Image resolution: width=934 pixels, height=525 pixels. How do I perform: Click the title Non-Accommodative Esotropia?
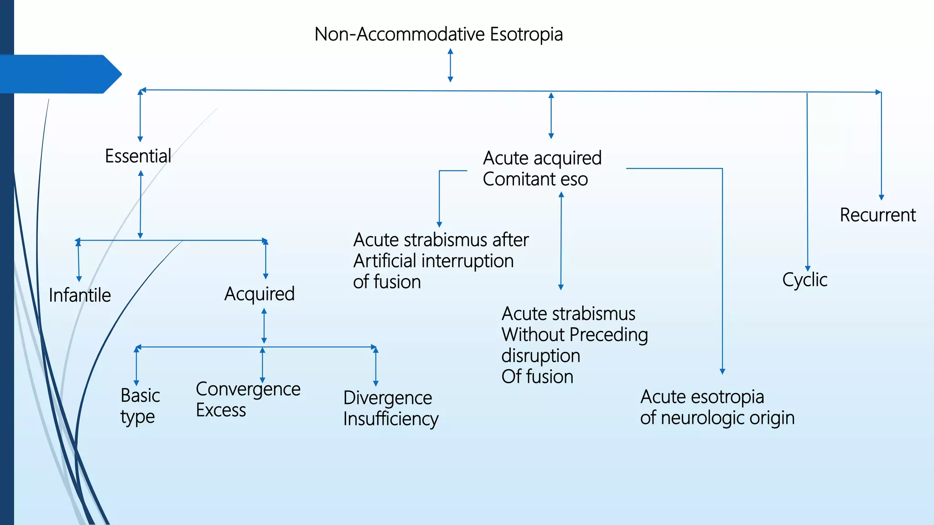pyautogui.click(x=438, y=35)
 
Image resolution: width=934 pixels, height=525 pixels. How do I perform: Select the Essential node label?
pyautogui.click(x=138, y=156)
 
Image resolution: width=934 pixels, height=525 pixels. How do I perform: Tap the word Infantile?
pyautogui.click(x=80, y=295)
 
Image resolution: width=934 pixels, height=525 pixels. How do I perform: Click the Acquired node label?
pyautogui.click(x=259, y=294)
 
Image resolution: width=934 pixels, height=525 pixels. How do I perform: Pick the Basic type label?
pyautogui.click(x=140, y=406)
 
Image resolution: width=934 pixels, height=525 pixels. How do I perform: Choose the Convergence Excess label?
pyautogui.click(x=248, y=400)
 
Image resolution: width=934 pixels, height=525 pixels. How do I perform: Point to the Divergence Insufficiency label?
pyautogui.click(x=390, y=408)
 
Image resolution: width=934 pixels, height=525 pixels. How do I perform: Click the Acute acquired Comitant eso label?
pyautogui.click(x=542, y=169)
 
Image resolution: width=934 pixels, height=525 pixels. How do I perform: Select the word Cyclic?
pyautogui.click(x=804, y=280)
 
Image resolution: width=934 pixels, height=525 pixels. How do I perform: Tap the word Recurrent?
pyautogui.click(x=877, y=215)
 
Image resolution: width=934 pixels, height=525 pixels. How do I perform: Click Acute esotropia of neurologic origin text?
pyautogui.click(x=717, y=407)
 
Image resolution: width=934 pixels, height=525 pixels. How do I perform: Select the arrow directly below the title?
pyautogui.click(x=450, y=66)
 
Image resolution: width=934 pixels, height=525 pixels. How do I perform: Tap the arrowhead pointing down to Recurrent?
pyautogui.click(x=881, y=197)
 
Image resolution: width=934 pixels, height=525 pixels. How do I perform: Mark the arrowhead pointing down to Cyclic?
pyautogui.click(x=808, y=268)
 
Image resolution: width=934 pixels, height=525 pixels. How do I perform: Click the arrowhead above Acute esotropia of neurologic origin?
pyautogui.click(x=722, y=371)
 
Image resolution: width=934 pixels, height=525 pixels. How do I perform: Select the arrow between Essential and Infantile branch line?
pyautogui.click(x=140, y=205)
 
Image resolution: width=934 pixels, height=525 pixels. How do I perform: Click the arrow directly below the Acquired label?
pyautogui.click(x=264, y=326)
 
